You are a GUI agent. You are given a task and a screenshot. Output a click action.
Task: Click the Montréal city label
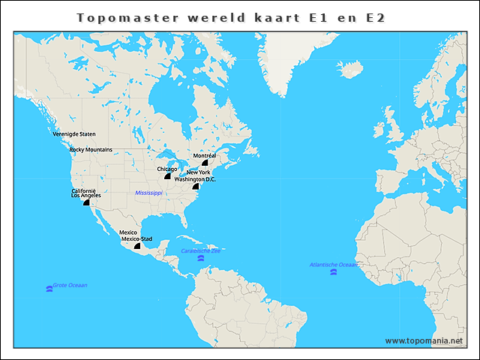click(x=204, y=155)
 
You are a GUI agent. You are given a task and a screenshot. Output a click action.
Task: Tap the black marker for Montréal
click(x=205, y=163)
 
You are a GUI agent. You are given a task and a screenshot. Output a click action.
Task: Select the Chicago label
click(x=167, y=169)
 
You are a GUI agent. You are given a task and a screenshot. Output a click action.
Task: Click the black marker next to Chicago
click(x=168, y=175)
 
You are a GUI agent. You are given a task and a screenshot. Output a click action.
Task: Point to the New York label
click(x=198, y=172)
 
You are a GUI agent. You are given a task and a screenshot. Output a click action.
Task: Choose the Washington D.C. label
click(x=195, y=179)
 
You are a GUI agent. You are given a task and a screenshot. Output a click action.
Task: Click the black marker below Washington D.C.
click(x=196, y=186)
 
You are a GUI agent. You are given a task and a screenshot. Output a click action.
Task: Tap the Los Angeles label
click(x=85, y=195)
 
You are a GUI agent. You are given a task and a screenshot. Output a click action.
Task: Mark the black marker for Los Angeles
click(x=86, y=202)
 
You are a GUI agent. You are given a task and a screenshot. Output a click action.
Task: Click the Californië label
click(x=83, y=190)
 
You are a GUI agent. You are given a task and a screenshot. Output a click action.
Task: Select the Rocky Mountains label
click(x=91, y=149)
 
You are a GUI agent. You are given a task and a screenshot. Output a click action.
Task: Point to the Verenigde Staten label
click(x=74, y=133)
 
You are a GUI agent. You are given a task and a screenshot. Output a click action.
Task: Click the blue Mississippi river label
click(x=148, y=193)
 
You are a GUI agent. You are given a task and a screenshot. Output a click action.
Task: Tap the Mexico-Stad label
click(x=136, y=238)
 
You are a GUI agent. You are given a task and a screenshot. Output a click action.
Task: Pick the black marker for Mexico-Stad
click(x=137, y=245)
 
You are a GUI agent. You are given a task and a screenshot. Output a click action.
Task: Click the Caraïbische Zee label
click(x=200, y=250)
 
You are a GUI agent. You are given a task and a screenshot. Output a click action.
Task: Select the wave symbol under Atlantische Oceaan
click(x=333, y=271)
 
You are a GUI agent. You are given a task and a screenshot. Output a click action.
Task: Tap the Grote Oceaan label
click(x=70, y=285)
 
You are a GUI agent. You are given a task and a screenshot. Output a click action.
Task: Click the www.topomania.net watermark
click(x=424, y=340)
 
